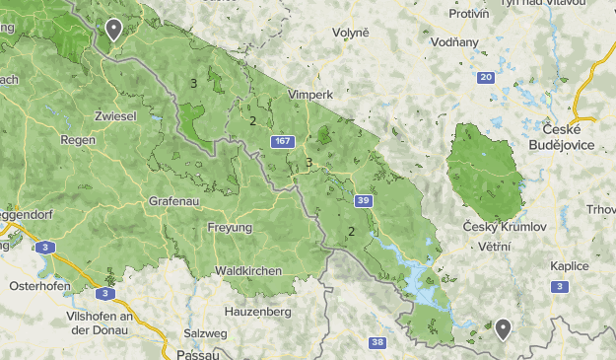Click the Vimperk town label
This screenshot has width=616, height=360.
(310, 94)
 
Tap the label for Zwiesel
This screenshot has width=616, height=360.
(114, 115)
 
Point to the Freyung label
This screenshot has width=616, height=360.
(230, 228)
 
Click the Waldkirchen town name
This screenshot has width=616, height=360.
(248, 270)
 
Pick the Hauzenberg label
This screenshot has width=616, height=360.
(258, 311)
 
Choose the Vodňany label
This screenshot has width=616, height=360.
(454, 42)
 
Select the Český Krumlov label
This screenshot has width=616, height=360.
(504, 227)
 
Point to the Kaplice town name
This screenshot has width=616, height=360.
(570, 265)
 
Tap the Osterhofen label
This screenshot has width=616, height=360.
(35, 286)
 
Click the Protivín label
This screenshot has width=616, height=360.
(469, 13)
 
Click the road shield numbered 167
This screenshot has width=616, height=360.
(284, 142)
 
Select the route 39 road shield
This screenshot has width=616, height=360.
(364, 201)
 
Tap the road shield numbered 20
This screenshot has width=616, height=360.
(485, 77)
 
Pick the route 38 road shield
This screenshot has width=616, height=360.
(377, 343)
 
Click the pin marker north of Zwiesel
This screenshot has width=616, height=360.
(113, 31)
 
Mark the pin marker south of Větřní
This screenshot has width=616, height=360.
(503, 329)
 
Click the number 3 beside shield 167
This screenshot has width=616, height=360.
(308, 163)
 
